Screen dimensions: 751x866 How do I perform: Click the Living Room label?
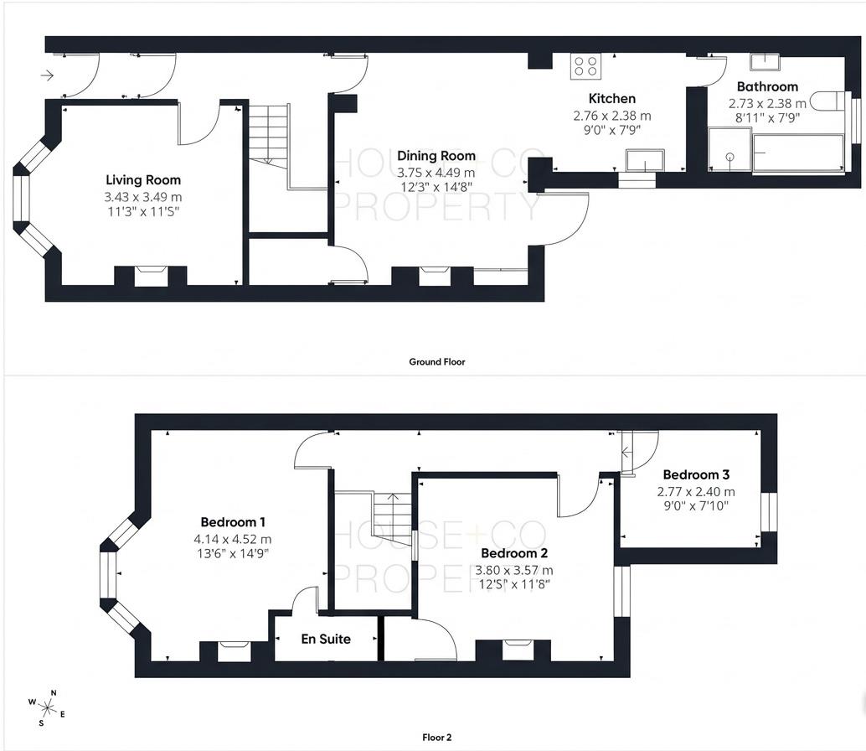click(x=142, y=179)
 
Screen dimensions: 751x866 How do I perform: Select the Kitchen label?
click(x=611, y=99)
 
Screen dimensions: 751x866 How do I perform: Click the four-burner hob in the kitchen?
click(x=585, y=66)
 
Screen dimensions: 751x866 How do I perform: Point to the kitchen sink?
click(x=645, y=159)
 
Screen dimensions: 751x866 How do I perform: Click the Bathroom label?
click(x=766, y=86)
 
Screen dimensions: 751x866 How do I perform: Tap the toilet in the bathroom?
click(x=829, y=101)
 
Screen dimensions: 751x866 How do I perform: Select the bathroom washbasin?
click(x=764, y=61)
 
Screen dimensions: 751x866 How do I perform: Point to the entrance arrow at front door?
click(x=47, y=76)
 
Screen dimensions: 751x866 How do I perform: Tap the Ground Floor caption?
click(x=436, y=362)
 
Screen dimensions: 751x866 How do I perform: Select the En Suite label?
click(x=326, y=639)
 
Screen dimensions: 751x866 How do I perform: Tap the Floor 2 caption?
click(x=436, y=738)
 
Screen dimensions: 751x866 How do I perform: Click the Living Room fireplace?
click(x=152, y=275)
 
